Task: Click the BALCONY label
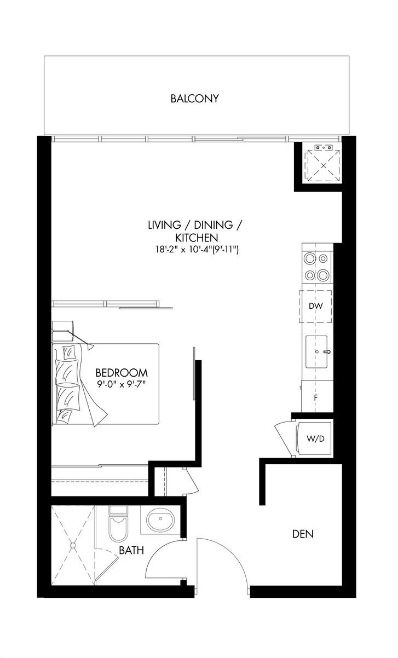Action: (x=195, y=99)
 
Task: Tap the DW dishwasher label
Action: (x=316, y=306)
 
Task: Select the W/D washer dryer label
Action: (x=315, y=439)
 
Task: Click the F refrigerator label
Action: (x=316, y=398)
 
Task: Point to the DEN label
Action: (x=303, y=534)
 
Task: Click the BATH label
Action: (x=131, y=550)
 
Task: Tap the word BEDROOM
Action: (x=122, y=373)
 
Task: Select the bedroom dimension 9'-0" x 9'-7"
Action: (x=122, y=384)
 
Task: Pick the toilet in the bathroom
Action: (x=118, y=525)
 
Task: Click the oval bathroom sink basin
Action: (x=160, y=519)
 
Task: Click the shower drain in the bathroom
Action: (x=71, y=545)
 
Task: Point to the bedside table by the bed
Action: (x=62, y=331)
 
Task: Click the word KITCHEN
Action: (x=197, y=238)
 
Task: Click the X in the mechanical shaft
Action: (x=324, y=166)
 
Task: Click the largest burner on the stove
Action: (x=323, y=275)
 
